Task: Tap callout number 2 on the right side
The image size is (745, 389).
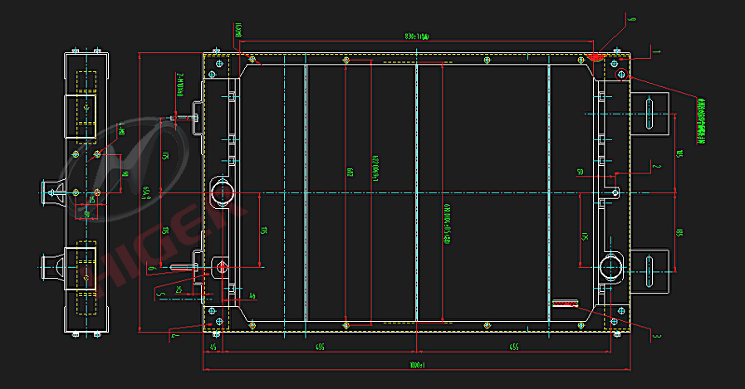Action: [656, 166]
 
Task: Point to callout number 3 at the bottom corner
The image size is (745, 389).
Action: [656, 336]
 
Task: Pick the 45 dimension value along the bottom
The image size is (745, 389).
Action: [213, 347]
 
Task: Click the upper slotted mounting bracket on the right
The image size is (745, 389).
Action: [652, 113]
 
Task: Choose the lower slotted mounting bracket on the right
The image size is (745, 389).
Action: [652, 270]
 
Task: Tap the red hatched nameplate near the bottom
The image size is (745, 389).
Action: [565, 303]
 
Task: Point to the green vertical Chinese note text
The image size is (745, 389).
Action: [702, 120]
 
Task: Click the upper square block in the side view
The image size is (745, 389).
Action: [86, 109]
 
